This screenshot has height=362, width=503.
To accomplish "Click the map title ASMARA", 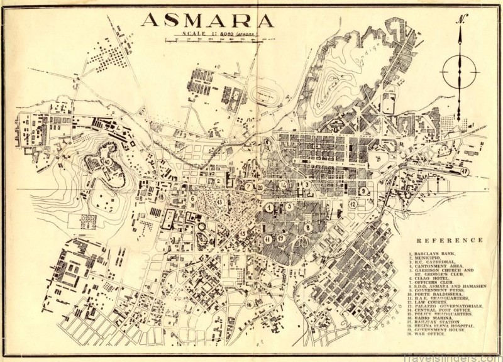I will point(207,20).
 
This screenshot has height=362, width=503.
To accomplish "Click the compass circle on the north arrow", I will point(459,72).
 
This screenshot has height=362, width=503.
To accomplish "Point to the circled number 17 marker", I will point(464,171).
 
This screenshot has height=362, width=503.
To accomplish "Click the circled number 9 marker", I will point(363,190).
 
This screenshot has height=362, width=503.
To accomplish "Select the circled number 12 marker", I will point(353,204).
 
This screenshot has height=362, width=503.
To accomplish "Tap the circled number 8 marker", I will point(308,227).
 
